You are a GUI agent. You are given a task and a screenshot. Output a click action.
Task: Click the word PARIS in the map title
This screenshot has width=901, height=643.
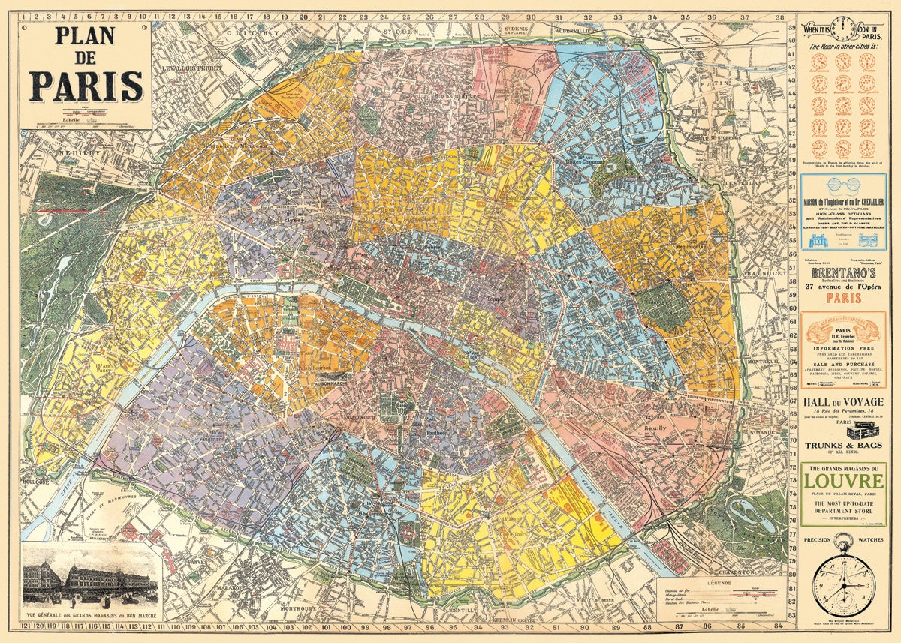86,86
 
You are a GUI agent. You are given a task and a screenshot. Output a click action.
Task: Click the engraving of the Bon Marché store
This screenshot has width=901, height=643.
90,575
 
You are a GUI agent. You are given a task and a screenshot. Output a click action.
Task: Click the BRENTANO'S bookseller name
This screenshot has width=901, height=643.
842,275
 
